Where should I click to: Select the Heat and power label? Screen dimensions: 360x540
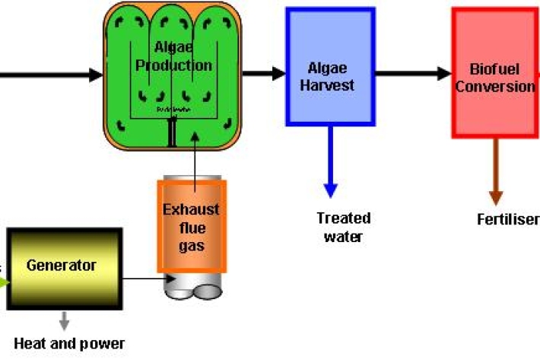[69, 343]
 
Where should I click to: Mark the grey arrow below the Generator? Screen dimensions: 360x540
[65, 320]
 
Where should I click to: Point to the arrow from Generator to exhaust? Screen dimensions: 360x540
[145, 279]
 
